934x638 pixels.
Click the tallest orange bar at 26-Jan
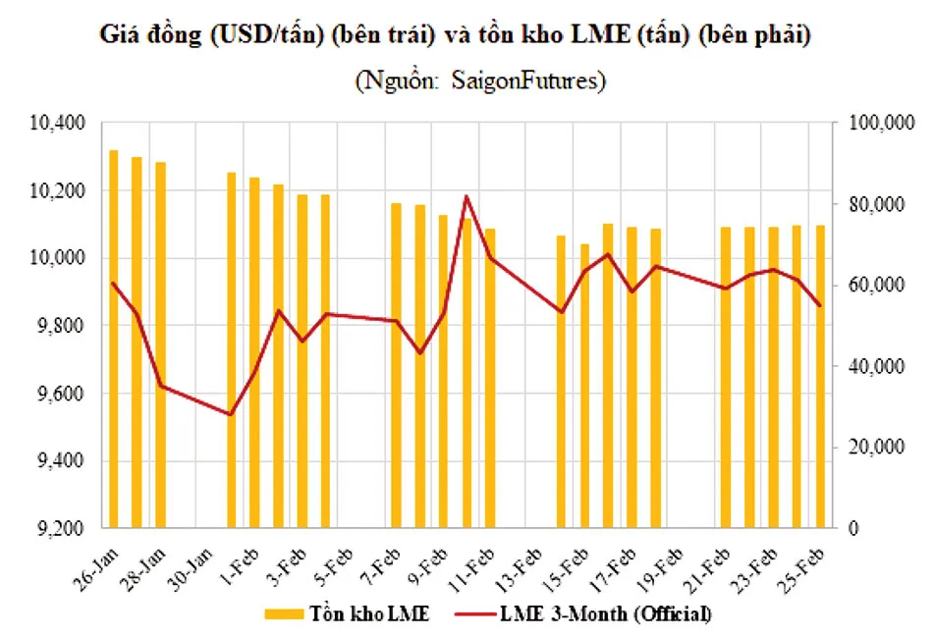coord(114,339)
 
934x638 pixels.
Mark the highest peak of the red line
coord(467,196)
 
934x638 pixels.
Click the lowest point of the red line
coord(231,414)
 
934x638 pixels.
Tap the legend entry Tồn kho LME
coord(373,613)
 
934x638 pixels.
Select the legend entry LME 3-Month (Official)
coord(606,613)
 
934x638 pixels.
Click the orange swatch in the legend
coord(291,614)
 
